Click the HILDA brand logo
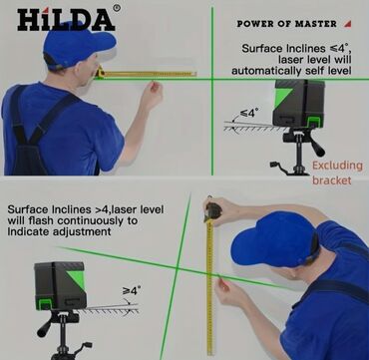point(66,19)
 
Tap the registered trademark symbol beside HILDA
point(117,8)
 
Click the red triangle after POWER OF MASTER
point(348,24)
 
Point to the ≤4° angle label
point(249,114)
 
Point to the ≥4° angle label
point(132,291)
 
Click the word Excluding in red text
point(337,166)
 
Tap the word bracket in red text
point(331,180)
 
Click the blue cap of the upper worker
point(79,44)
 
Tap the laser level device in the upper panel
point(298,103)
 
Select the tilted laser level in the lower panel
point(60,286)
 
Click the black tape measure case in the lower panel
point(212,211)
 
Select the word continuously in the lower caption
point(93,220)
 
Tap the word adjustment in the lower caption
point(82,231)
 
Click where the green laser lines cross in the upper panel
point(212,79)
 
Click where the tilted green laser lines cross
point(177,267)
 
